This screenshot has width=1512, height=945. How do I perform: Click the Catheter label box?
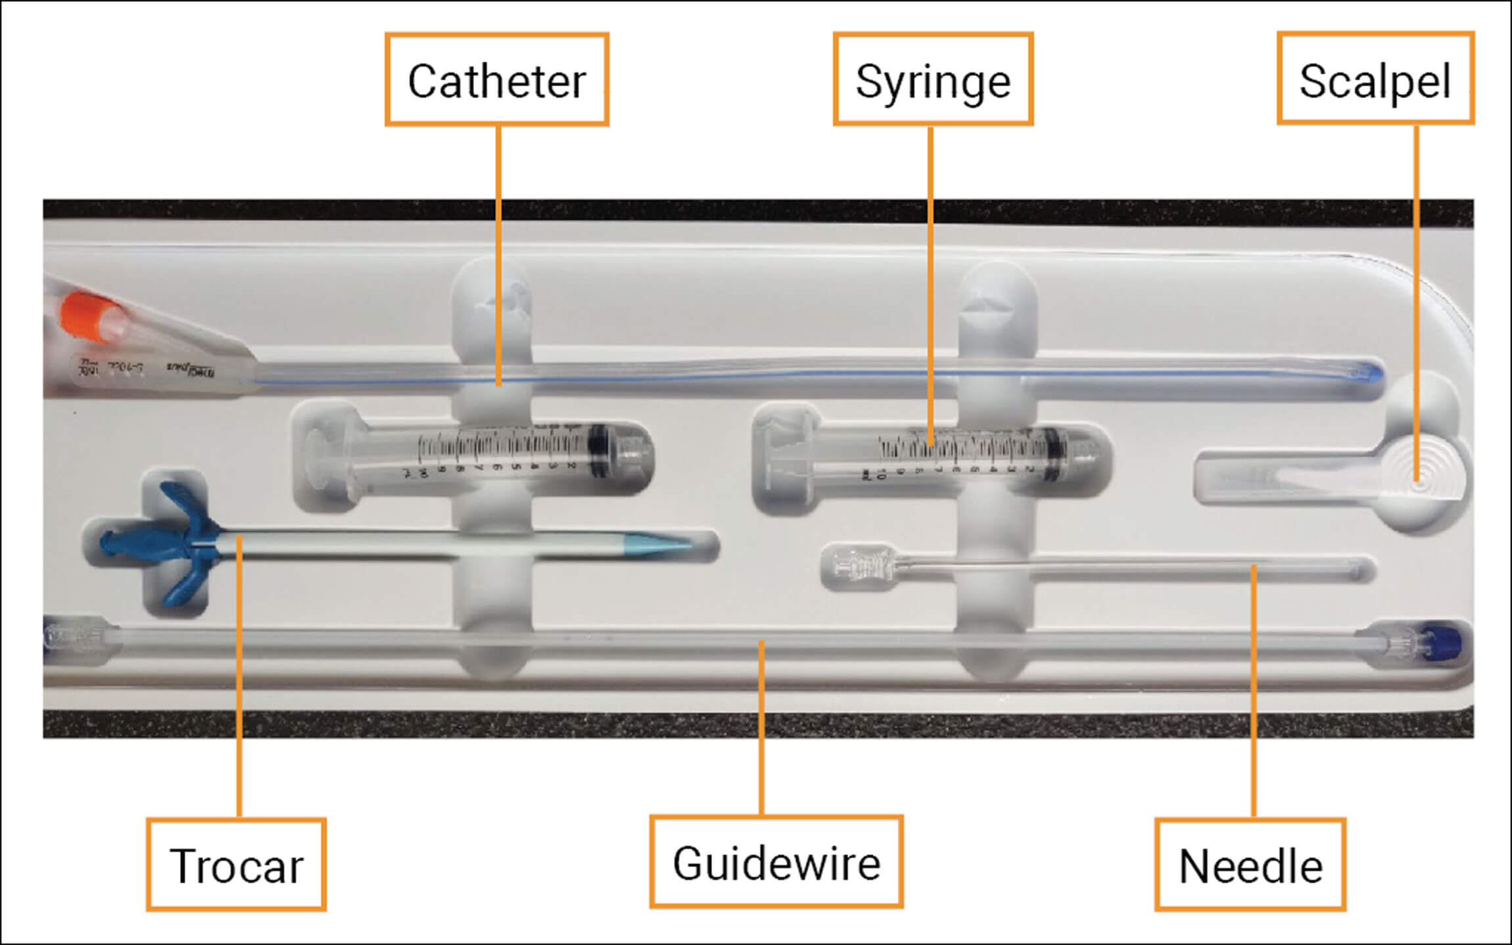[497, 80]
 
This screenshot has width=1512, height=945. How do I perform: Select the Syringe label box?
[933, 80]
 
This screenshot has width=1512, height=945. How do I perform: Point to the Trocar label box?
[236, 864]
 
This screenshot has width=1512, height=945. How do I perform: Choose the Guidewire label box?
[776, 862]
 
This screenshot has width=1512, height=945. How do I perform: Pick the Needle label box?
[1250, 865]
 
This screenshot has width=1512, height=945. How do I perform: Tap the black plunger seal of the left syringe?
[598, 451]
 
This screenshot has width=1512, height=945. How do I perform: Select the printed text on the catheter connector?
[145, 371]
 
